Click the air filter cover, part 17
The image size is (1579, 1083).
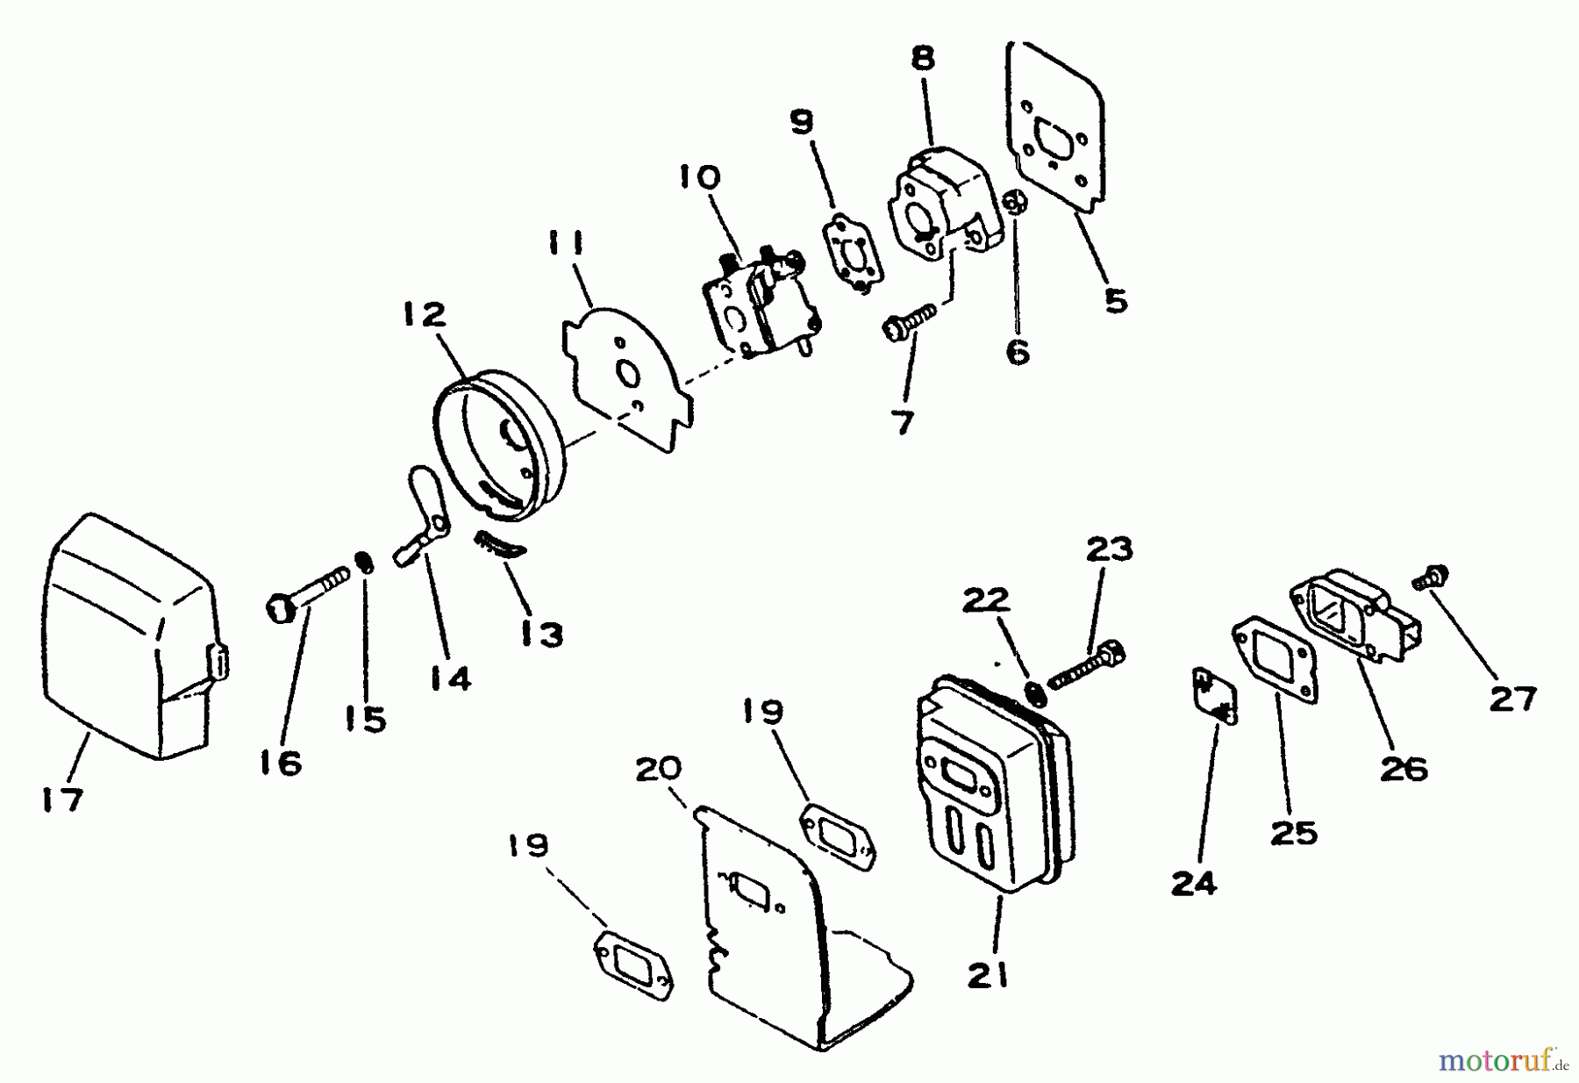pyautogui.click(x=132, y=641)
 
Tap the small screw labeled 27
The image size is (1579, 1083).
pyautogui.click(x=1429, y=578)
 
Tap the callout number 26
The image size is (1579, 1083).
pyautogui.click(x=1403, y=769)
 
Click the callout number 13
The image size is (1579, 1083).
pyautogui.click(x=541, y=634)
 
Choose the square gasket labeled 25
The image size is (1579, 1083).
pyautogui.click(x=1276, y=658)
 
